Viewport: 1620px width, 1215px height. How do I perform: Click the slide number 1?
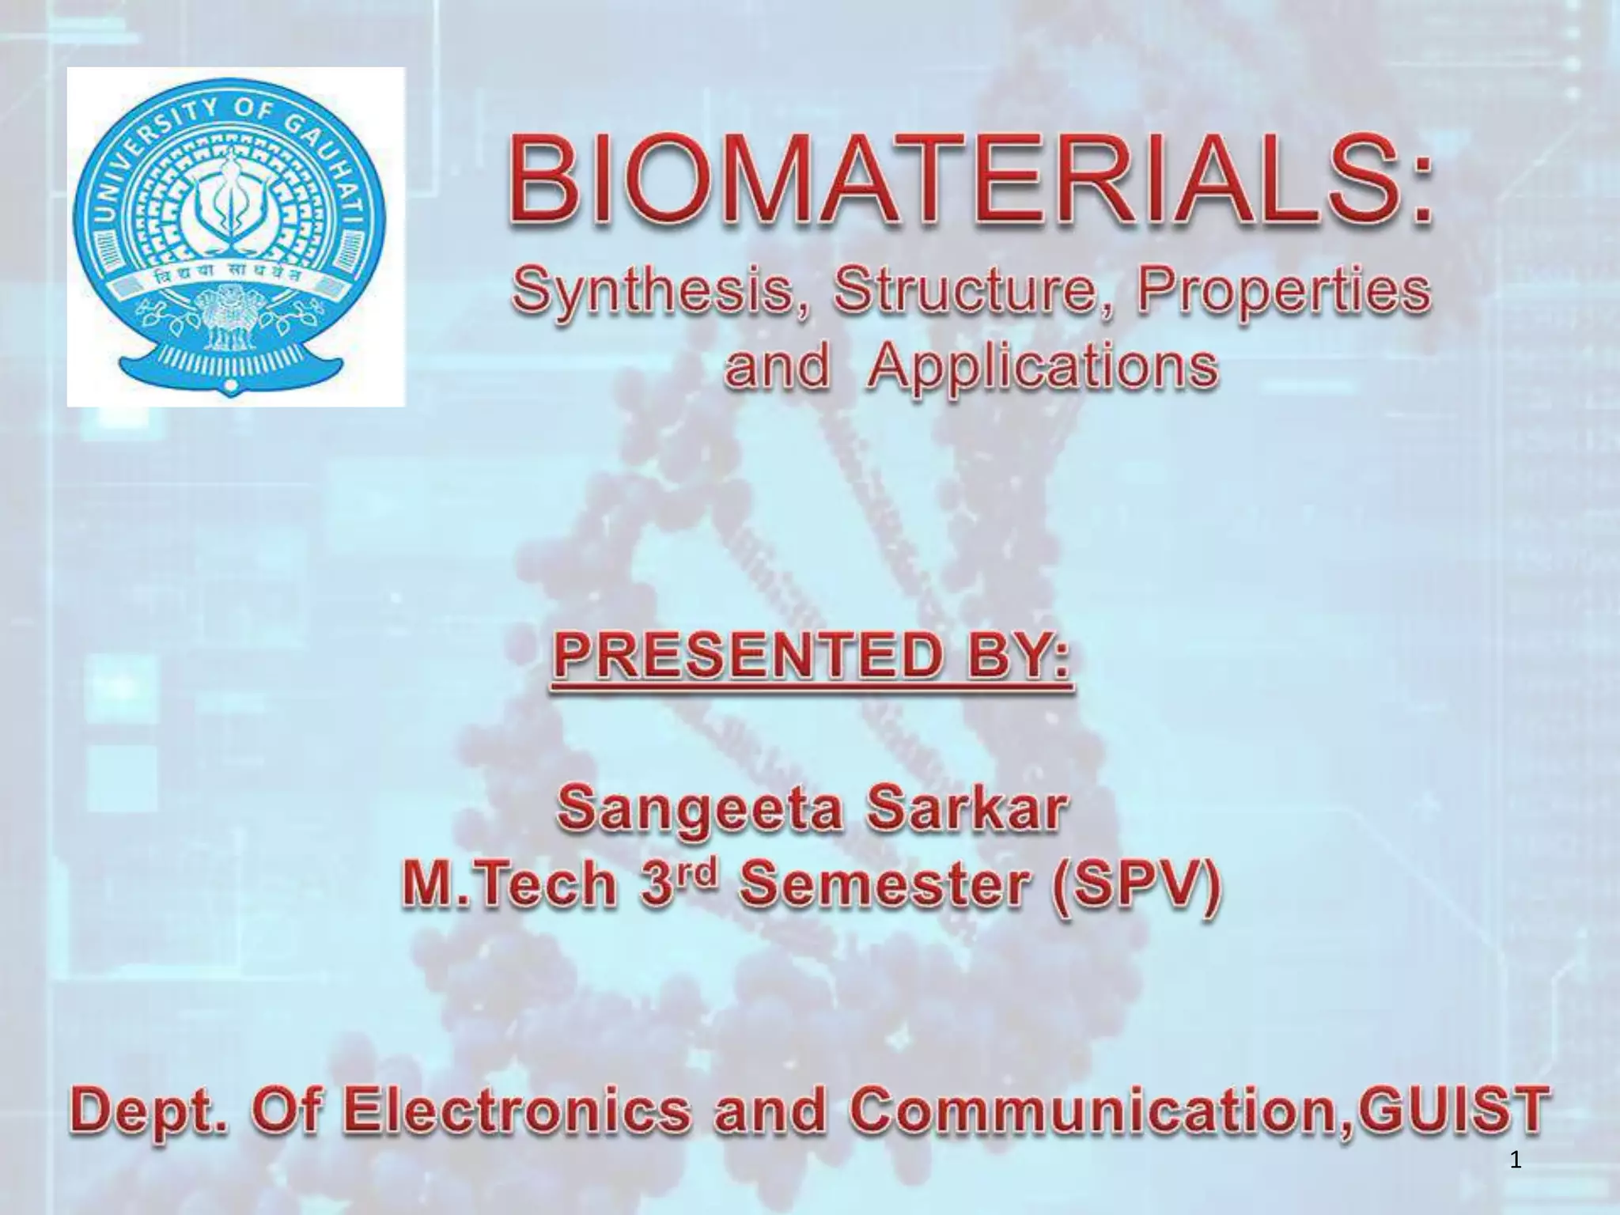pos(1516,1161)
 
